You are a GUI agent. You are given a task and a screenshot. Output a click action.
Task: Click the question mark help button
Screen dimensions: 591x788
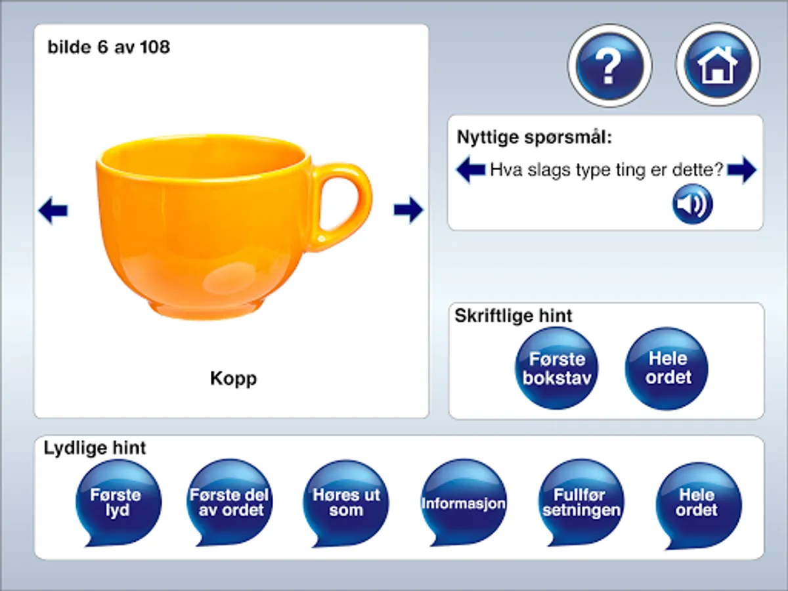[609, 65]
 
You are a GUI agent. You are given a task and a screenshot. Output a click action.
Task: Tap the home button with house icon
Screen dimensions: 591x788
[717, 65]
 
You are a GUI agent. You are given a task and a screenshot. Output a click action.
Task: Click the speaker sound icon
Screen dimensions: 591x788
[692, 204]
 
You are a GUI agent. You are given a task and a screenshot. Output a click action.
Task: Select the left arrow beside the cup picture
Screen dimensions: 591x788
[53, 211]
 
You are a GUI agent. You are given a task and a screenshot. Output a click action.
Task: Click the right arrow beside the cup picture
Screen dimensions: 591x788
[408, 210]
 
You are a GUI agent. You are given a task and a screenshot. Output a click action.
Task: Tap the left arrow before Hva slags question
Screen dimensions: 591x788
[471, 171]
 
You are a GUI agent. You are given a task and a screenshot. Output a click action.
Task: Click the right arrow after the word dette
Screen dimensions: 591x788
[741, 171]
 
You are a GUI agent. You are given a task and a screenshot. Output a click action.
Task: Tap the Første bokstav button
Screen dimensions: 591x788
[556, 368]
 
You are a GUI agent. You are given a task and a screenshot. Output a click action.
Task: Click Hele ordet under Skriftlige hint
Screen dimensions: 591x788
[667, 368]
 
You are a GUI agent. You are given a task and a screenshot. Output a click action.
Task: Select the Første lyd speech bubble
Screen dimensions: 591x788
[118, 502]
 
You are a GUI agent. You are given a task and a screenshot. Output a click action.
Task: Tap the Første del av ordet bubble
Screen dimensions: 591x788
[229, 502]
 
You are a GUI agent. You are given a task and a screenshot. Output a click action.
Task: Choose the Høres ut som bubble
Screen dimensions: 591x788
[346, 502]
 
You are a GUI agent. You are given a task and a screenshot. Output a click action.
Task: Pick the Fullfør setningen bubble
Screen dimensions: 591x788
[581, 502]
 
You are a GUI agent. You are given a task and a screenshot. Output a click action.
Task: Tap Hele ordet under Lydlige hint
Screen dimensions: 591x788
[698, 502]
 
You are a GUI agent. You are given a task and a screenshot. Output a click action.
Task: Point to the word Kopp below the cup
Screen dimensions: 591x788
[233, 378]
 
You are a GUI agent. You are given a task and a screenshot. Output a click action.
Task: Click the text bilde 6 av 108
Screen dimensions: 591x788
[108, 47]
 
